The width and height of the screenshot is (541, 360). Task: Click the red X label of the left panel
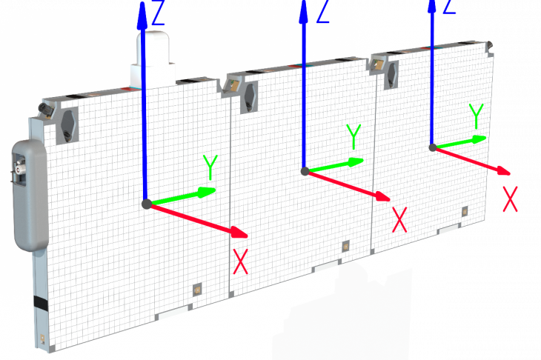pyautogui.click(x=240, y=261)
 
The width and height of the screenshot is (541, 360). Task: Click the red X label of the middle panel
pyautogui.click(x=399, y=220)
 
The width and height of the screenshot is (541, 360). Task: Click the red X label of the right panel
pyautogui.click(x=510, y=199)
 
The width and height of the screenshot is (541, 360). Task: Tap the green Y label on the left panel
pyautogui.click(x=210, y=167)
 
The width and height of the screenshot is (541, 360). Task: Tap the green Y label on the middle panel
pyautogui.click(x=354, y=137)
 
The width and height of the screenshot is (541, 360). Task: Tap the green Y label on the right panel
pyautogui.click(x=476, y=116)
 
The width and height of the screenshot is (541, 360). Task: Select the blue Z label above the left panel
pyautogui.click(x=158, y=13)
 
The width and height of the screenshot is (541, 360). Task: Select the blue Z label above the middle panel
pyautogui.click(x=323, y=11)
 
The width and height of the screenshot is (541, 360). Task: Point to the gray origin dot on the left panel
pyautogui.click(x=147, y=204)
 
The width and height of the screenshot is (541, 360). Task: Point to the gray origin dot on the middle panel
pyautogui.click(x=305, y=171)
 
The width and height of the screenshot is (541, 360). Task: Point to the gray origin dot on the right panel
pyautogui.click(x=433, y=147)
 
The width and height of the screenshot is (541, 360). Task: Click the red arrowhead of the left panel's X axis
pyautogui.click(x=239, y=232)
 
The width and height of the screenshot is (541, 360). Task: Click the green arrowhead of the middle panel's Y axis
pyautogui.click(x=356, y=161)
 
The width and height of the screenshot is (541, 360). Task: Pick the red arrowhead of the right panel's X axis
pyautogui.click(x=503, y=170)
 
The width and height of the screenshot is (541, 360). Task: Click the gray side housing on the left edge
pyautogui.click(x=30, y=195)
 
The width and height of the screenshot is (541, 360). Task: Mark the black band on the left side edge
pyautogui.click(x=41, y=302)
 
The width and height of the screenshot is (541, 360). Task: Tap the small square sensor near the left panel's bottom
pyautogui.click(x=197, y=290)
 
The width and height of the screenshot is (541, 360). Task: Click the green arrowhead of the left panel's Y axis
pyautogui.click(x=207, y=192)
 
